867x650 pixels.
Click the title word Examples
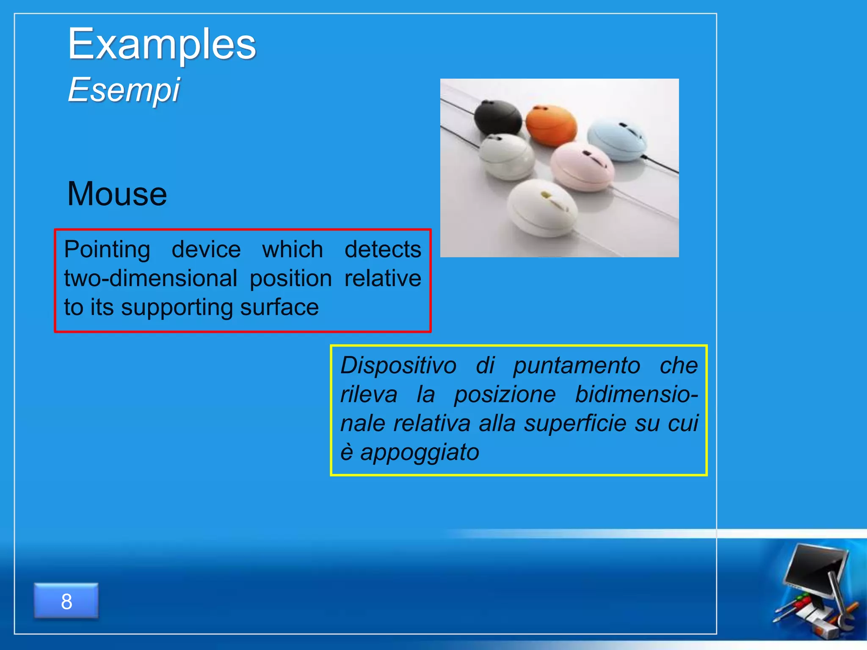(162, 44)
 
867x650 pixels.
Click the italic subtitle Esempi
(124, 90)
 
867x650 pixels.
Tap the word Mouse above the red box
(117, 194)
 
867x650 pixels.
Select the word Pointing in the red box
(107, 249)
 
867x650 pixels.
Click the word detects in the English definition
(383, 249)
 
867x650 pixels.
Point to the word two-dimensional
(150, 278)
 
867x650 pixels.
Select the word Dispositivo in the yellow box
(398, 365)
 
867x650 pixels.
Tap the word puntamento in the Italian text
(577, 365)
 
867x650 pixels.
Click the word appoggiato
(420, 452)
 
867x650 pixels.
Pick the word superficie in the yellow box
(575, 423)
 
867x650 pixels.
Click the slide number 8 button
(66, 601)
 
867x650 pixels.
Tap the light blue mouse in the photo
(617, 139)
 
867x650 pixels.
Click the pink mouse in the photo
(582, 166)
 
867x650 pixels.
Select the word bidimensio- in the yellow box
(636, 394)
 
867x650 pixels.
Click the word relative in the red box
(383, 278)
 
